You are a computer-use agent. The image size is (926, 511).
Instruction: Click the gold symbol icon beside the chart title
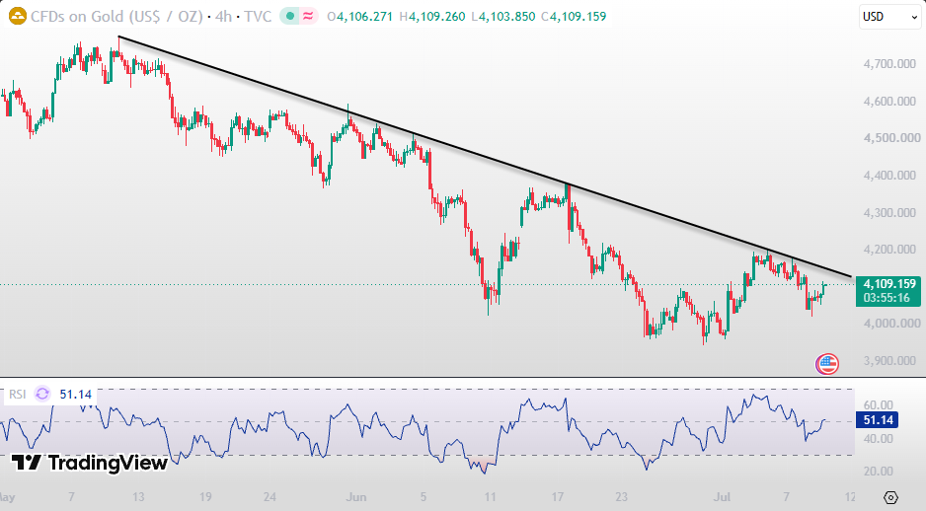(18, 16)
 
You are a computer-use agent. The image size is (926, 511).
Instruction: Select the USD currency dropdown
(889, 17)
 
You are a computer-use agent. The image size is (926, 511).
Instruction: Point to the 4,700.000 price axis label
(889, 64)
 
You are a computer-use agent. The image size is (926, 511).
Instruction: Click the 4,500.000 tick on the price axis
(891, 138)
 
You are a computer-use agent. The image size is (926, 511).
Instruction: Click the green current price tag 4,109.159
(889, 284)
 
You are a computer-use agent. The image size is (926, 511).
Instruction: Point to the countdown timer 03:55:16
(887, 298)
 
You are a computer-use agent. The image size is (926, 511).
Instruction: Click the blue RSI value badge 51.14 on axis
(878, 420)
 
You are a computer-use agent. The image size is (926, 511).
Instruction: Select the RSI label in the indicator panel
(17, 395)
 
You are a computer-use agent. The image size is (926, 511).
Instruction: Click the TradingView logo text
(108, 464)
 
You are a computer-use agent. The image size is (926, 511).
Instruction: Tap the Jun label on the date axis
(356, 497)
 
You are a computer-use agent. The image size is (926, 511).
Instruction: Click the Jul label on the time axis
(722, 497)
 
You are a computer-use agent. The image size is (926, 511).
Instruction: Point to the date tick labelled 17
(558, 497)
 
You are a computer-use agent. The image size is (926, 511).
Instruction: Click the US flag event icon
(827, 364)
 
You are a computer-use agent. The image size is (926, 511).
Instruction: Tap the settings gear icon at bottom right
(891, 497)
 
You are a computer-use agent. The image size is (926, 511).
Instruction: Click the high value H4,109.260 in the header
(432, 17)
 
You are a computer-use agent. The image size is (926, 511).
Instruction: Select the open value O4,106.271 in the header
(359, 17)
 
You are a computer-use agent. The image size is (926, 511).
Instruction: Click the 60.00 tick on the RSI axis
(879, 404)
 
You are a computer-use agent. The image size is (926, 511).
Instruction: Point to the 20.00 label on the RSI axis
(879, 471)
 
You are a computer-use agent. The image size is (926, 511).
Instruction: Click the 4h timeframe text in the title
(224, 17)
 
